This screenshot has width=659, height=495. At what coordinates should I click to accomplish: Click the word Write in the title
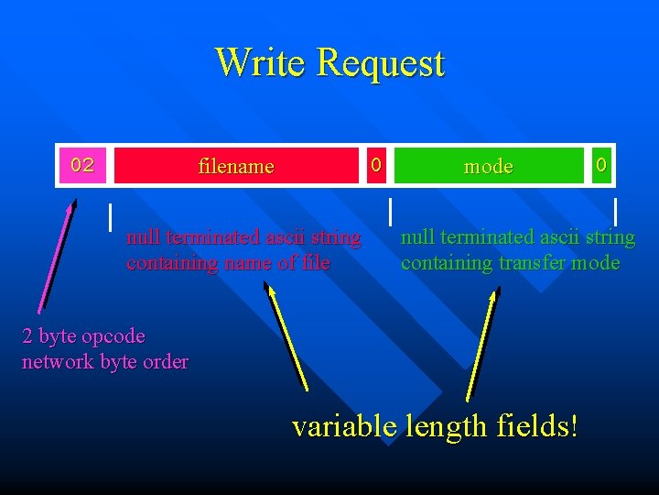tap(262, 62)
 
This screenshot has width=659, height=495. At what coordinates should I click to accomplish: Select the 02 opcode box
tap(82, 165)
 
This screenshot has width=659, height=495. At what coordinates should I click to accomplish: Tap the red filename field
tap(236, 166)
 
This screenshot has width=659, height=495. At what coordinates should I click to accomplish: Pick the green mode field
tap(488, 166)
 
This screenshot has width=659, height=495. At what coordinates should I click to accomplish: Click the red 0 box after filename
tap(374, 165)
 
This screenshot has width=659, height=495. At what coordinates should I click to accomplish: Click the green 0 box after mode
tap(600, 165)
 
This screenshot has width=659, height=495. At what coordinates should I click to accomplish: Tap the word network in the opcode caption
tap(58, 361)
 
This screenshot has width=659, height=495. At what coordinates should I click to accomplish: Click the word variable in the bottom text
tap(344, 425)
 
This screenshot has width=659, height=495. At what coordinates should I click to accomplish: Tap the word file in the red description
tap(314, 263)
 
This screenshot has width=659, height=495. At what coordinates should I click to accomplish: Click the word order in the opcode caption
tap(166, 361)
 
